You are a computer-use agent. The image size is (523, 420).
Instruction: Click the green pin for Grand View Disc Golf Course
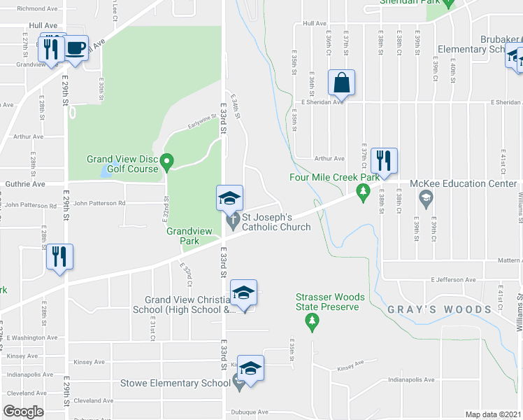[x=166, y=162]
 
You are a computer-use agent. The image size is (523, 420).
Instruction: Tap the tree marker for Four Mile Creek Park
[x=362, y=191]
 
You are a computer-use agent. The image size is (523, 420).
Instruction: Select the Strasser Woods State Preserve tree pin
[x=313, y=322]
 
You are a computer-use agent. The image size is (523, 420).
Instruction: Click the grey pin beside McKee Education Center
[x=425, y=199]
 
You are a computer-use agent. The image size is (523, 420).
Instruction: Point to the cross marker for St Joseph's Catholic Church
[x=233, y=223]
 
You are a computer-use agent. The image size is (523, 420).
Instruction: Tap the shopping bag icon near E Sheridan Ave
[x=341, y=83]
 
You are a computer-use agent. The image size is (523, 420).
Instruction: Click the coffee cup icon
[x=76, y=48]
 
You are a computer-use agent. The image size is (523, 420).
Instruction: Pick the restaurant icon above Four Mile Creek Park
[x=383, y=160]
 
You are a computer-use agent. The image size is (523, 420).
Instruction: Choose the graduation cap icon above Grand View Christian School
[x=243, y=292]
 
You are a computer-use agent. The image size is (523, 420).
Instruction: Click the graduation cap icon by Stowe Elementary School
[x=250, y=367]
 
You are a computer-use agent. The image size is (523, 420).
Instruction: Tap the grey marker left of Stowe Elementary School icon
[x=239, y=383]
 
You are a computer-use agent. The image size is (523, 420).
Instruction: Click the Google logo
[x=23, y=412]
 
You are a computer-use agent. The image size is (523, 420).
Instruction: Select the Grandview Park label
[x=182, y=235]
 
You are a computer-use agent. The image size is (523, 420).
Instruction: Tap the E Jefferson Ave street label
[x=454, y=279]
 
